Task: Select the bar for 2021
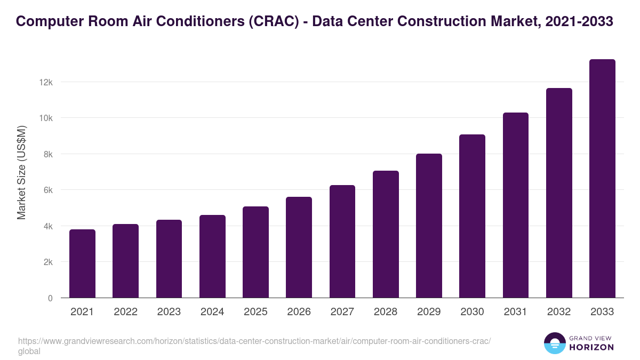(x=82, y=263)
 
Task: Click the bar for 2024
(x=212, y=257)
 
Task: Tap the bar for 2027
(x=342, y=242)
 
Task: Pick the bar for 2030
(x=472, y=216)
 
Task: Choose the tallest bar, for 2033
(x=602, y=179)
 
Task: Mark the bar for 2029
(x=429, y=226)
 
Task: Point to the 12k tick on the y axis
(x=45, y=82)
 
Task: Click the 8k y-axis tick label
(x=47, y=154)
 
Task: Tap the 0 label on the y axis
(x=50, y=298)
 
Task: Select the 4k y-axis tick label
(x=47, y=226)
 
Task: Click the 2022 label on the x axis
(x=125, y=312)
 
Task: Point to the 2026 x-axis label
(x=299, y=312)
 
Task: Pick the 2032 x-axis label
(x=559, y=312)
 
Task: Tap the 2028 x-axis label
(x=386, y=312)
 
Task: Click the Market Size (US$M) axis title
(x=21, y=172)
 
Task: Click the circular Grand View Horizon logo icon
(x=554, y=343)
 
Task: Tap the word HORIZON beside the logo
(x=591, y=347)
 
